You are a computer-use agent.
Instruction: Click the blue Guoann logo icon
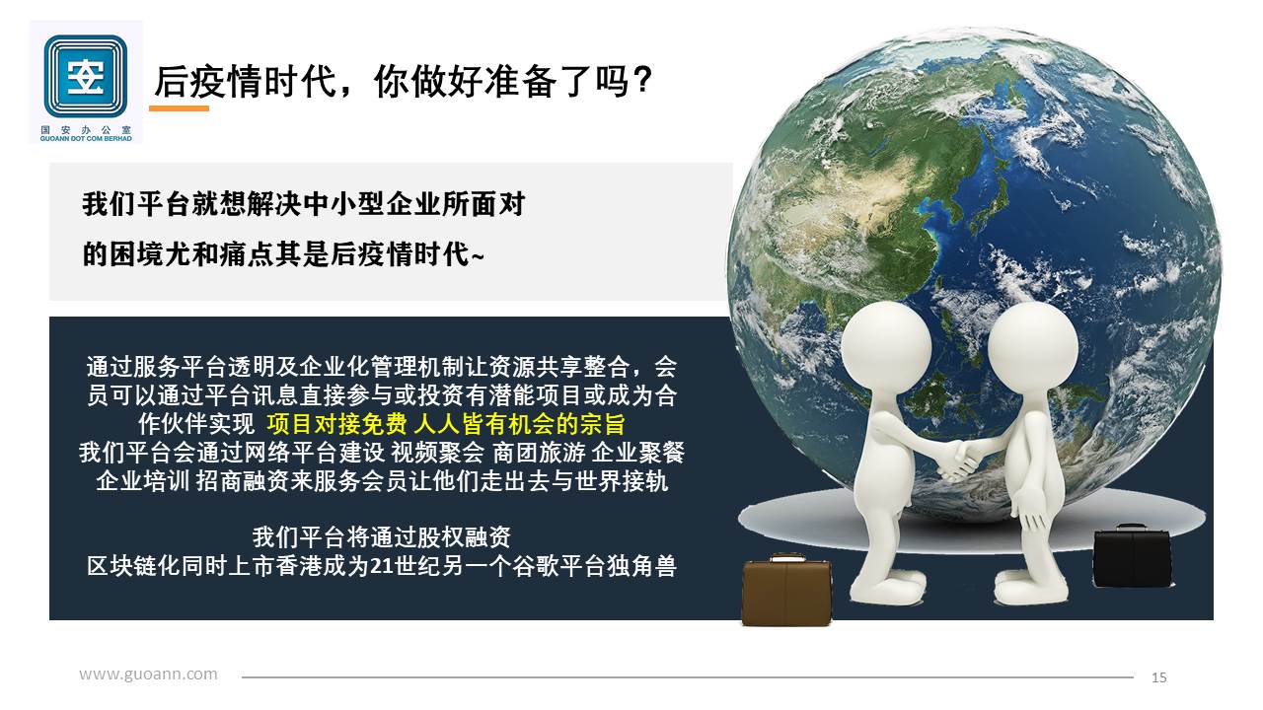[86, 76]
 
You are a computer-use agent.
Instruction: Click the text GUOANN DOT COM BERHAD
[86, 139]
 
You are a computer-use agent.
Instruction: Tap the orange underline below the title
[179, 108]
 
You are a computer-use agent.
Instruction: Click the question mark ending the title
[641, 80]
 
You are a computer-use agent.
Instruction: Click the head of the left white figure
[886, 345]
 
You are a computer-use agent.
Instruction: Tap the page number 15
[1158, 677]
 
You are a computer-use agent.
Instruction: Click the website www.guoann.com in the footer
[148, 674]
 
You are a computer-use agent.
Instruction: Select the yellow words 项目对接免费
[336, 424]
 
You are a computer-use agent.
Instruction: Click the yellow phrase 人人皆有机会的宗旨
[519, 424]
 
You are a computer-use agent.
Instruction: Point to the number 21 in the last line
[382, 566]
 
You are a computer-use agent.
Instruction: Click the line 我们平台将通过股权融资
[382, 537]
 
